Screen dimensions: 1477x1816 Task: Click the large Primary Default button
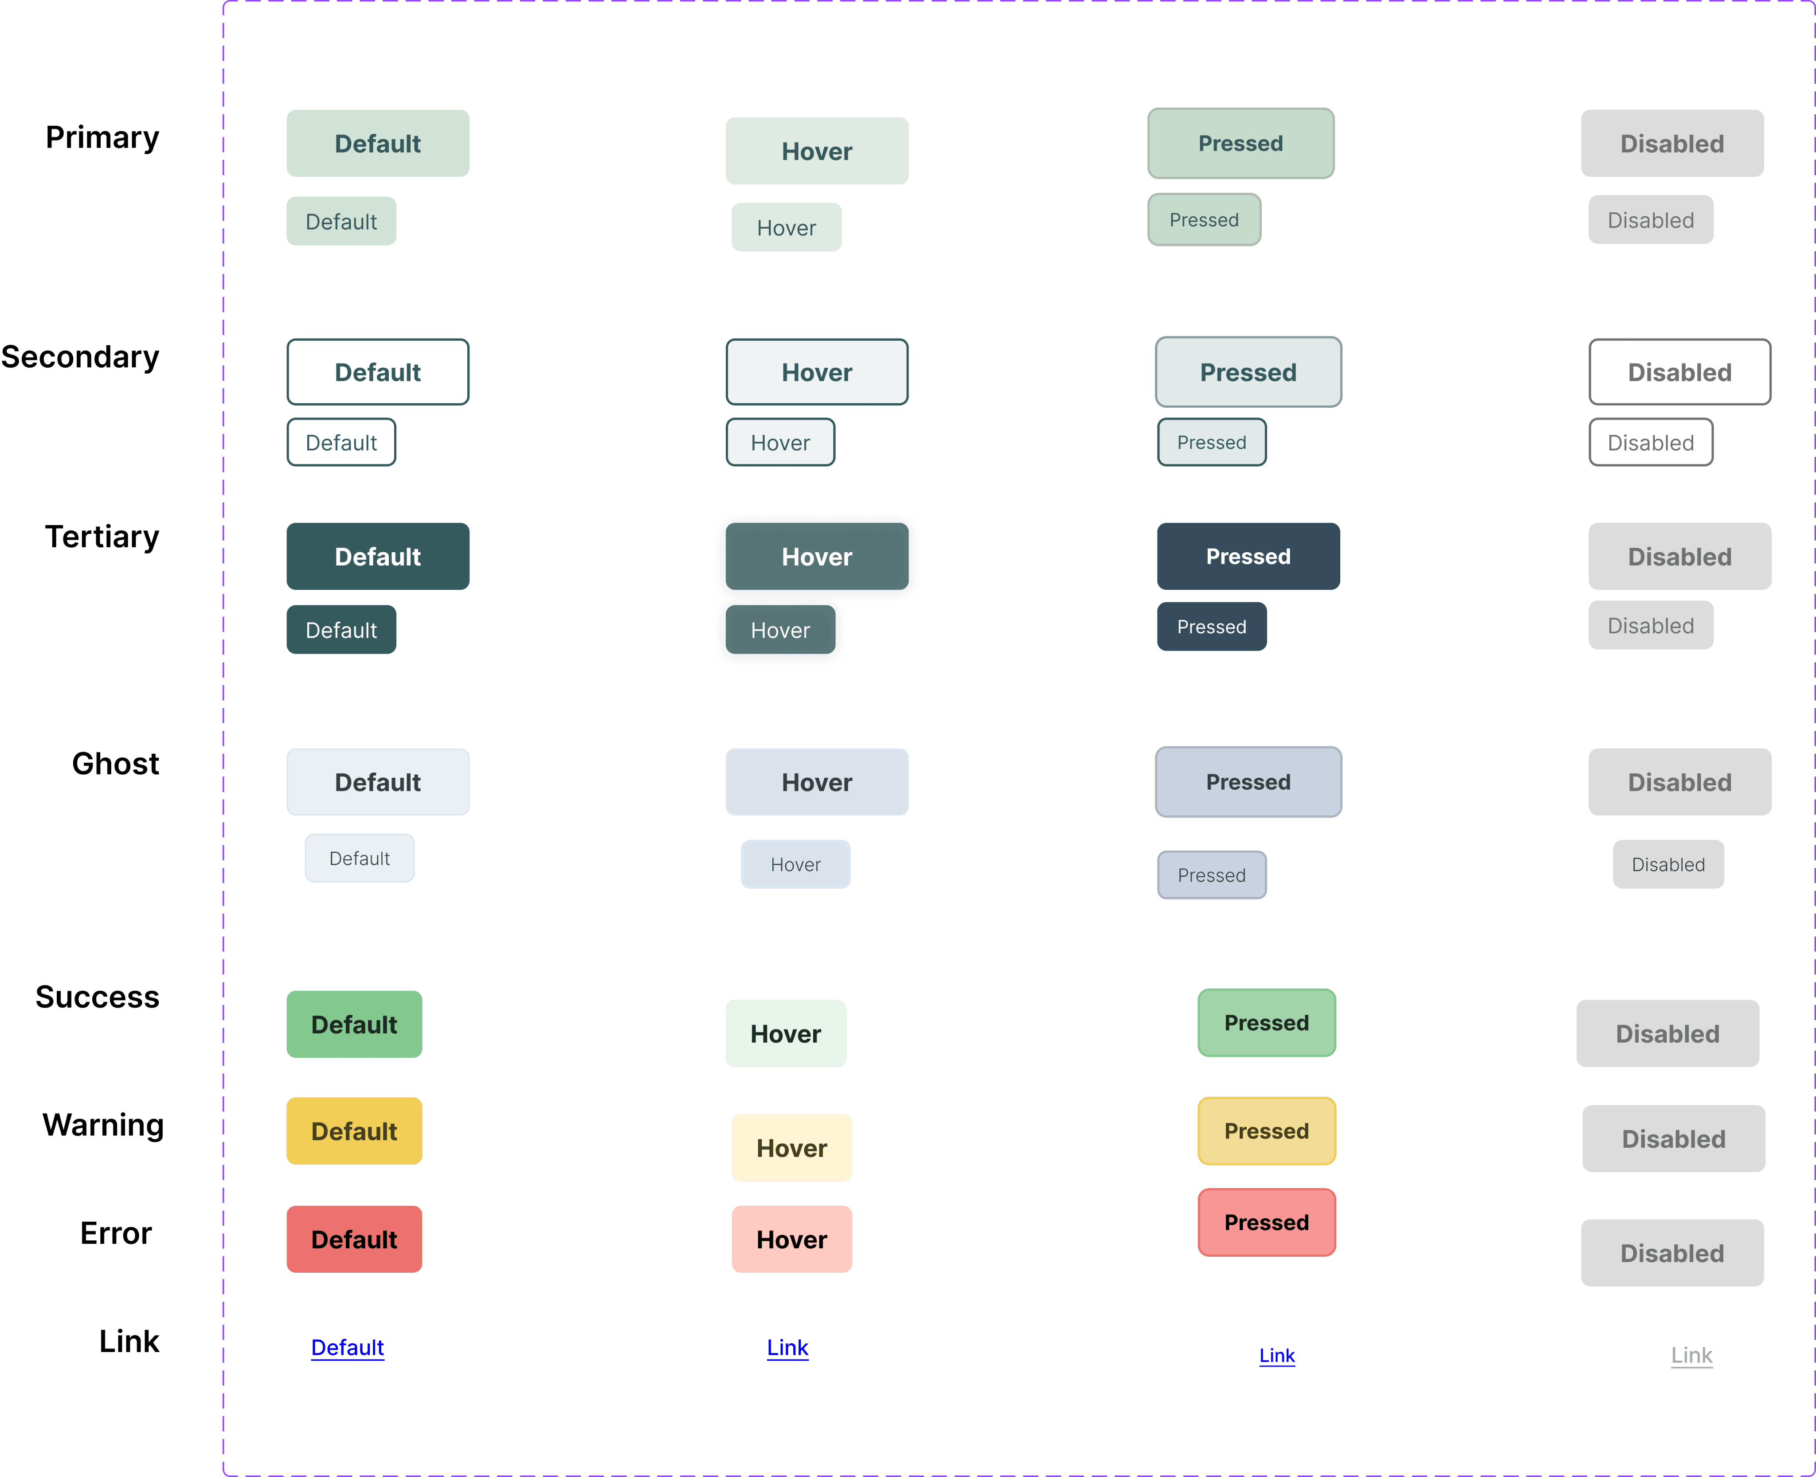pyautogui.click(x=378, y=143)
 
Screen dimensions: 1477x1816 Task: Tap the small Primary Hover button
pyautogui.click(x=787, y=227)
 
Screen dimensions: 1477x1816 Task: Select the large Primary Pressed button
pyautogui.click(x=1241, y=143)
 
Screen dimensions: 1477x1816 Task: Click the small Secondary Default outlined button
pyautogui.click(x=341, y=442)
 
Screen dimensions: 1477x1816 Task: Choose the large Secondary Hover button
pyautogui.click(x=817, y=372)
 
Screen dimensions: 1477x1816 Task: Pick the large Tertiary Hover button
pyautogui.click(x=817, y=557)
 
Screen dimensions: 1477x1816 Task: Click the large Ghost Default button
pyautogui.click(x=378, y=782)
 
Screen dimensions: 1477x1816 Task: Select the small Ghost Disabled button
pyautogui.click(x=1668, y=865)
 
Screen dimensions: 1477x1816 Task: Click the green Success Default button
pyautogui.click(x=354, y=1025)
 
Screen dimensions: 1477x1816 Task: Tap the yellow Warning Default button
pyautogui.click(x=354, y=1131)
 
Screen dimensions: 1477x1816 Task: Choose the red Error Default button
pyautogui.click(x=354, y=1239)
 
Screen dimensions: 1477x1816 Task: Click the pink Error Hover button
pyautogui.click(x=791, y=1239)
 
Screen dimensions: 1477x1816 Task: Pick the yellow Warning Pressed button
pyautogui.click(x=1266, y=1131)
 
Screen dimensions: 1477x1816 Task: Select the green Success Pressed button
pyautogui.click(x=1266, y=1023)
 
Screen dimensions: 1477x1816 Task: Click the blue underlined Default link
pyautogui.click(x=347, y=1348)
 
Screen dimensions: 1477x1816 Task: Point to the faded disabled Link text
pyautogui.click(x=1692, y=1355)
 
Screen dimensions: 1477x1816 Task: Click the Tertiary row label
pyautogui.click(x=102, y=537)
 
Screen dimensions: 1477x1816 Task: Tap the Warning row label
pyautogui.click(x=103, y=1125)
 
